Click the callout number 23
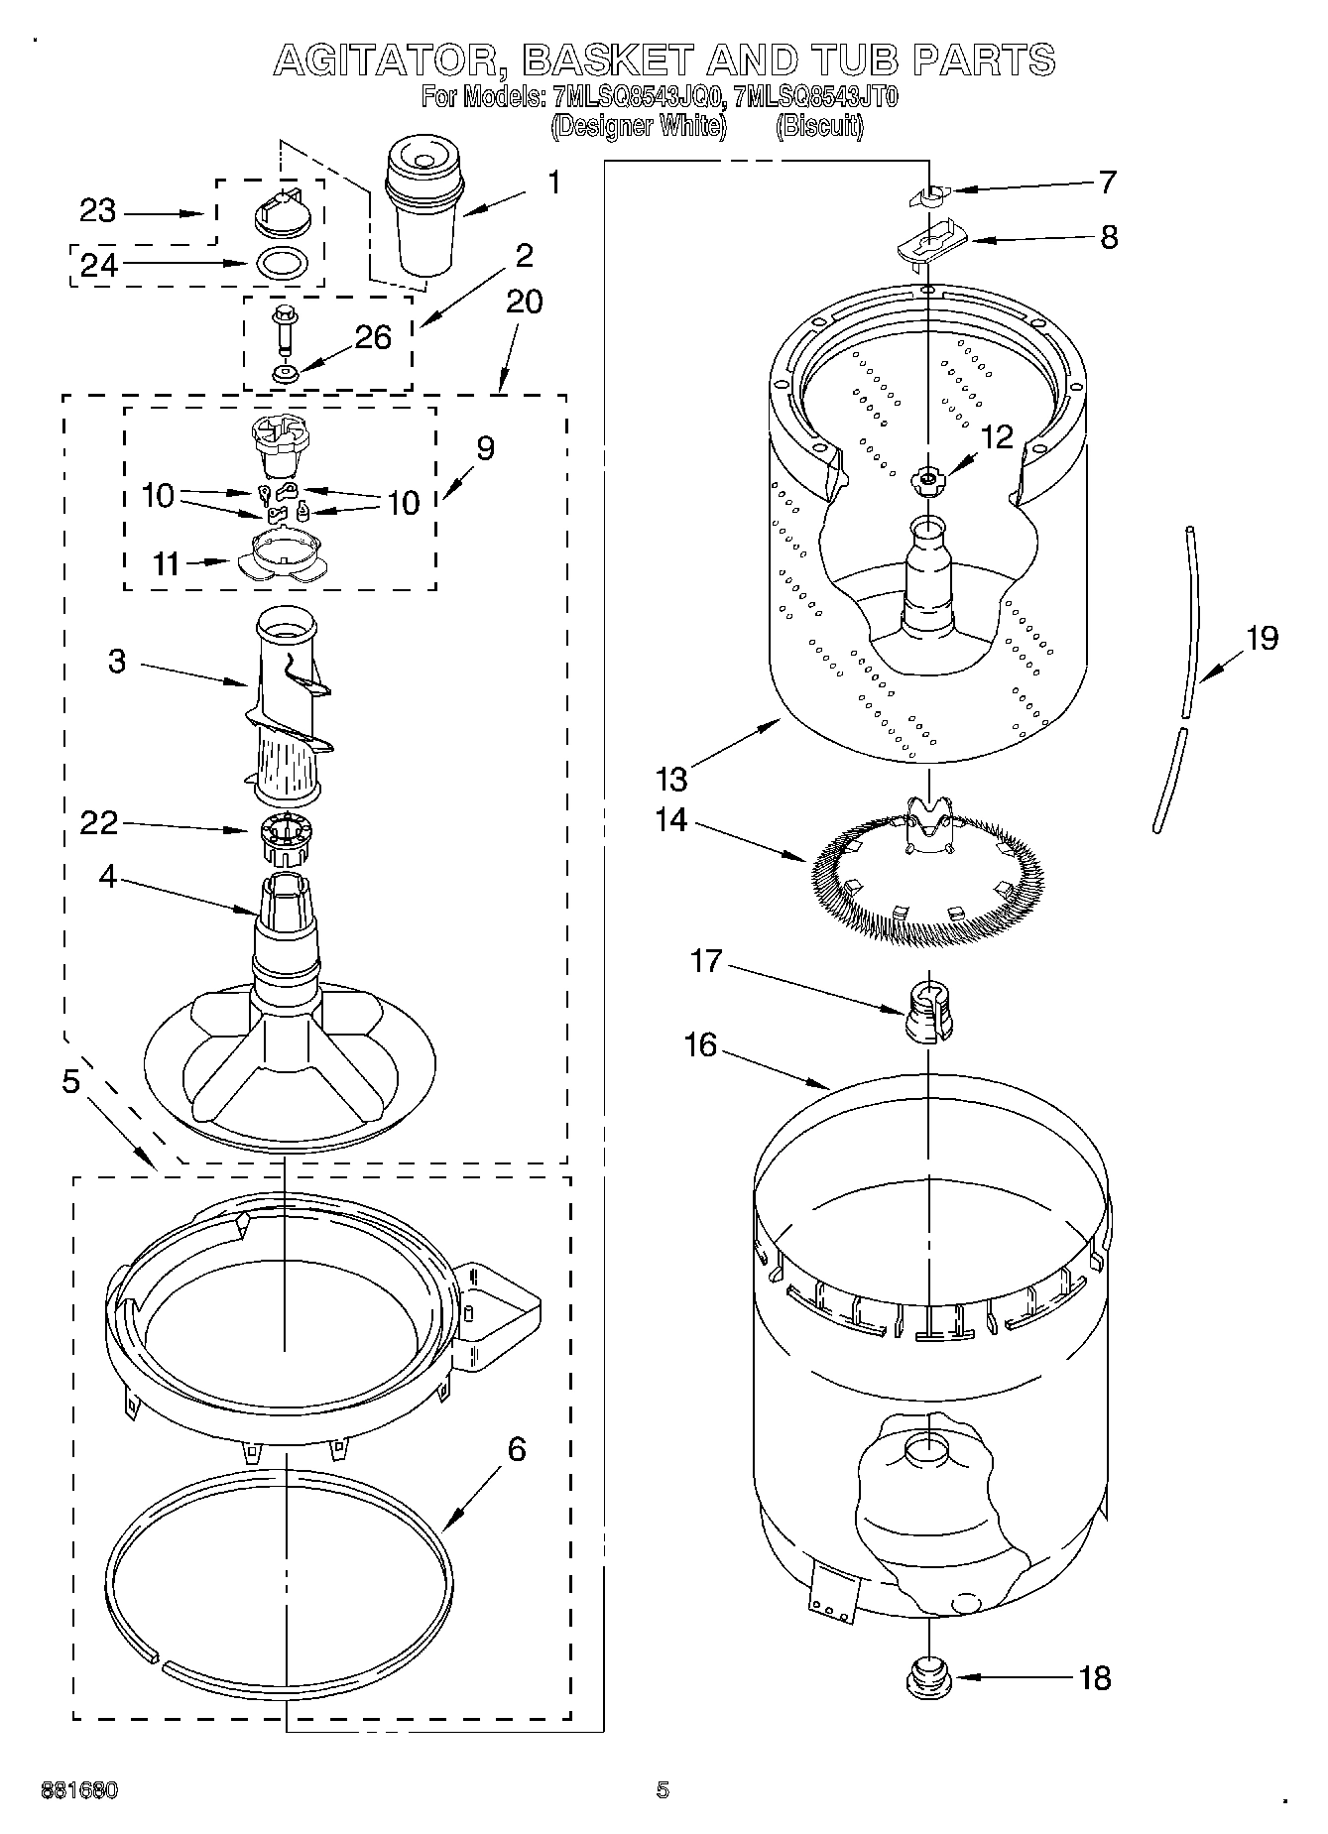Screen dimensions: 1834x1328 [97, 211]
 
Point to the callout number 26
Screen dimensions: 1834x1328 [372, 337]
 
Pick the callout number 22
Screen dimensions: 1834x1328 [98, 823]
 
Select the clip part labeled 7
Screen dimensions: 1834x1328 [928, 194]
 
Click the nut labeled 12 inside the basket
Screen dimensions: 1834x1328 [927, 480]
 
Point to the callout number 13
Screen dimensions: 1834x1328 [671, 780]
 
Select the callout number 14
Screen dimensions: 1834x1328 [671, 821]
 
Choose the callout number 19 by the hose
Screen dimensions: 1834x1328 [1262, 637]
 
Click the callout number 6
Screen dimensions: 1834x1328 [516, 1449]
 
